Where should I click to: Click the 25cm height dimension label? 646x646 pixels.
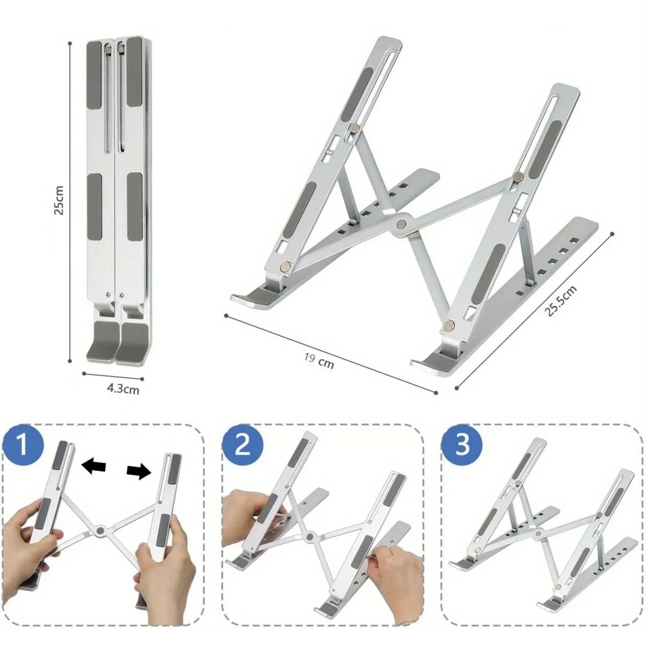tap(59, 200)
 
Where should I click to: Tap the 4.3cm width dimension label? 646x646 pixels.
tap(123, 388)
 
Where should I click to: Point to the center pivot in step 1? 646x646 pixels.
tap(100, 531)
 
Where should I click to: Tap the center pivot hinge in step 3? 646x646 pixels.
tap(537, 533)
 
